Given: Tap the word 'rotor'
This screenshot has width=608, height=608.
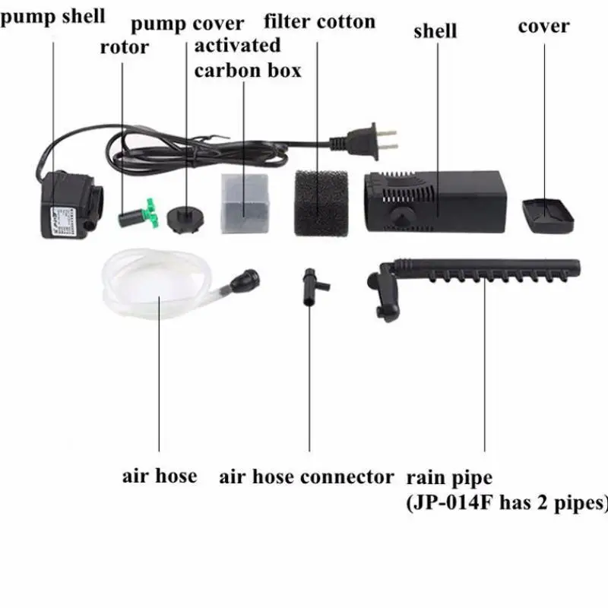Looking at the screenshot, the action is tap(125, 47).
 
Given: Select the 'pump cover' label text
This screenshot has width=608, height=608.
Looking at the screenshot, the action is tap(188, 24).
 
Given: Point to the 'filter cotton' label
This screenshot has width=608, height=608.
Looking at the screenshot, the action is tap(319, 21).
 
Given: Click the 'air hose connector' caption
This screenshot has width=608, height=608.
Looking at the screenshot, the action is tap(307, 477).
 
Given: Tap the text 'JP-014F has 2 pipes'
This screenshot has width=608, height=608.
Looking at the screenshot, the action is tap(508, 502).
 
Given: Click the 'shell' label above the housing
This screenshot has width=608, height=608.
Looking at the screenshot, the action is tap(435, 31).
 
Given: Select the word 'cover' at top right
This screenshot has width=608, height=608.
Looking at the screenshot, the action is tap(543, 26).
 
